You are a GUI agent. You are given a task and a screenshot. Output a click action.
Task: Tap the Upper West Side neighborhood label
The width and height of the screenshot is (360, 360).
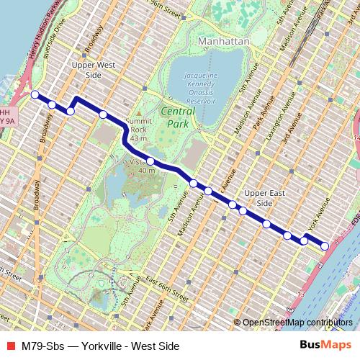(x=94, y=70)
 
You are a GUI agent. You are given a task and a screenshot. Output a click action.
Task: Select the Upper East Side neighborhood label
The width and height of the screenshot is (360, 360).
(x=258, y=199)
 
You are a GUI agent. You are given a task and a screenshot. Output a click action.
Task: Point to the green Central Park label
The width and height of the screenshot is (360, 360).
(x=177, y=117)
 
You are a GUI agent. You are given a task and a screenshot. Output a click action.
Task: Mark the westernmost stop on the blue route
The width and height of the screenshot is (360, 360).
(x=35, y=94)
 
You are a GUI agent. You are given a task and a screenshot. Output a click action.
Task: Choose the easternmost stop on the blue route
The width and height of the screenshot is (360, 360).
(x=325, y=246)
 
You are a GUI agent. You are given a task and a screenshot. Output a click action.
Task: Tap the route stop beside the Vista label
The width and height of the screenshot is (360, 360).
(x=150, y=161)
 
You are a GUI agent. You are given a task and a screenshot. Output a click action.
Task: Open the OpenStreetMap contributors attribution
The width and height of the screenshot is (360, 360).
(x=297, y=323)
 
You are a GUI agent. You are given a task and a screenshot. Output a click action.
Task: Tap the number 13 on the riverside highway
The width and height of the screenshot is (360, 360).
(x=301, y=294)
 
